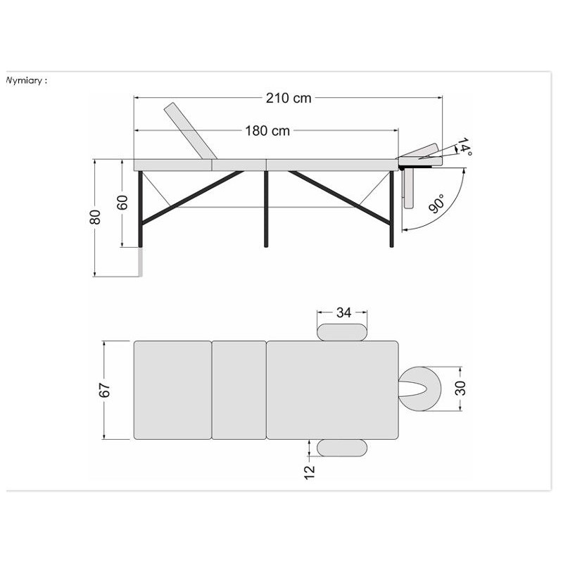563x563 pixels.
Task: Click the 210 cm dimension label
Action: (289, 98)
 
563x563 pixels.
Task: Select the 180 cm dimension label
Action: (267, 131)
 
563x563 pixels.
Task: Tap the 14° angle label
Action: (464, 146)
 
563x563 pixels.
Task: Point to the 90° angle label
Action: (436, 203)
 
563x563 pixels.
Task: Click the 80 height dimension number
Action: (95, 217)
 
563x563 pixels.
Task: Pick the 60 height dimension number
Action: (122, 203)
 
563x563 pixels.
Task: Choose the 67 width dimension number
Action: (104, 390)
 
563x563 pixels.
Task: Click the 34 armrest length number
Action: (343, 312)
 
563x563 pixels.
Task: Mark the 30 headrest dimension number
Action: (460, 388)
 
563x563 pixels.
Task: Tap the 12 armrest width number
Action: (309, 472)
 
